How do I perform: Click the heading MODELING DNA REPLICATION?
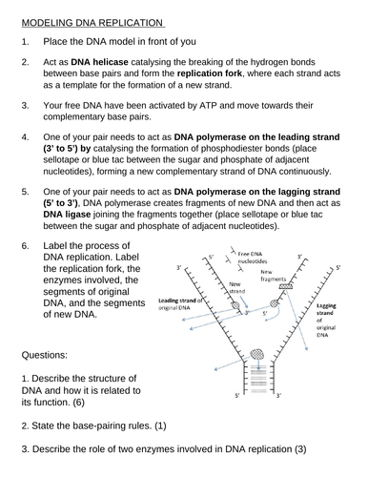92,23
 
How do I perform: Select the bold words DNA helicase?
99,62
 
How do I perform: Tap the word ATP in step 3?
208,105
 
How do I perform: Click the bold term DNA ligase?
67,215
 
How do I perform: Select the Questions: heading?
45,355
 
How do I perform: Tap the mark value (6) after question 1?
79,403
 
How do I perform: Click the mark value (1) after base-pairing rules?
160,425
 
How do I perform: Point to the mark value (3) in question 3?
300,449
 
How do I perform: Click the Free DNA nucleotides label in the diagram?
253,258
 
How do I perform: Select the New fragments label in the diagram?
273,276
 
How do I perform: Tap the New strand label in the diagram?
237,287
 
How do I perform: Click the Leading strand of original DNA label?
180,304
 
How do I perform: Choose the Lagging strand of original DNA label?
326,321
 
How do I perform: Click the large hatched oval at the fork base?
257,354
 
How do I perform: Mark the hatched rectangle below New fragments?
285,286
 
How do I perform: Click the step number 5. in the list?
25,192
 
